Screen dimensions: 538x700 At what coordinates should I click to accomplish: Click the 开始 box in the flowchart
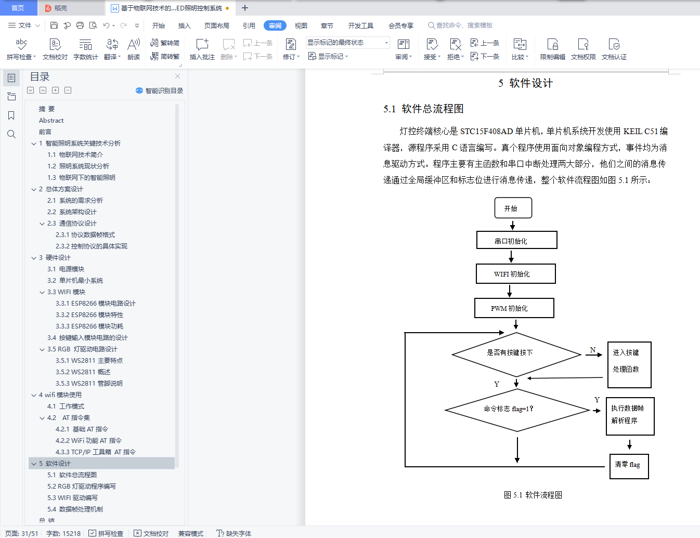[513, 208]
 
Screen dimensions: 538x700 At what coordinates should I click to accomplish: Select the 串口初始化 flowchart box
[516, 240]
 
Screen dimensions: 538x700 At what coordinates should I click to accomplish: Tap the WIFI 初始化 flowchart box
[515, 273]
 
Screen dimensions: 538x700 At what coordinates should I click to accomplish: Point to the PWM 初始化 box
[514, 308]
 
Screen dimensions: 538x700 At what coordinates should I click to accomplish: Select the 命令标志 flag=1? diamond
[517, 410]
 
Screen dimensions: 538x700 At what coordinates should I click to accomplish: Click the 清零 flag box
[629, 465]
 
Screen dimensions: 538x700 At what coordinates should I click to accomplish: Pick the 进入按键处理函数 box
[629, 364]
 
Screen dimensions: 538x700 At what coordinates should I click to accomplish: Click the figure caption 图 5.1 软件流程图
[533, 495]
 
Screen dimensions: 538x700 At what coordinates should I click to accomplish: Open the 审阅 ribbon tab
[275, 25]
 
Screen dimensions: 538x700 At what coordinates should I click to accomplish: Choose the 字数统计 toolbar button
[85, 49]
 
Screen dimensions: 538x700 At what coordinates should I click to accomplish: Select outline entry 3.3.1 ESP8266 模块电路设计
[95, 304]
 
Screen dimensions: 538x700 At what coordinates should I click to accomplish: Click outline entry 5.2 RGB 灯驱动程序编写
[81, 487]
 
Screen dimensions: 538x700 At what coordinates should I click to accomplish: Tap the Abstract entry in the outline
[51, 121]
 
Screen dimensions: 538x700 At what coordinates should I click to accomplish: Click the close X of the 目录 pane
[178, 76]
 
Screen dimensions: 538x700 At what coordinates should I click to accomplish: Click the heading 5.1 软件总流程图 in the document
[423, 109]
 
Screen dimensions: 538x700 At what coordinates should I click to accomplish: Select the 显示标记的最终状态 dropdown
[347, 43]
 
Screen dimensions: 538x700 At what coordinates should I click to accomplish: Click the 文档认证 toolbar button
[614, 49]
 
